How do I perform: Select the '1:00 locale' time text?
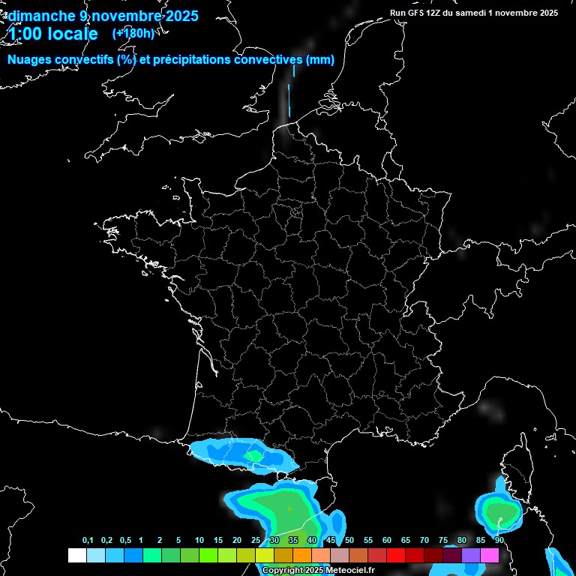click(x=52, y=34)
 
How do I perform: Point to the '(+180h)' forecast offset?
click(x=133, y=33)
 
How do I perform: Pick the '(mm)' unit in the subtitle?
click(x=320, y=60)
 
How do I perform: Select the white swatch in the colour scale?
click(x=76, y=555)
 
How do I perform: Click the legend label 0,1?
click(x=88, y=541)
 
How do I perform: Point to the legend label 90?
click(x=499, y=541)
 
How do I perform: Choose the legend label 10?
click(x=199, y=541)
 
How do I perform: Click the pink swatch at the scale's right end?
click(x=490, y=555)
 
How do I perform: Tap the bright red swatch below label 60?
click(x=396, y=555)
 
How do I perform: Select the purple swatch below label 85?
click(x=471, y=555)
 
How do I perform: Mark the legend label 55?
click(x=368, y=541)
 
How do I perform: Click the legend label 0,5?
click(x=124, y=541)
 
